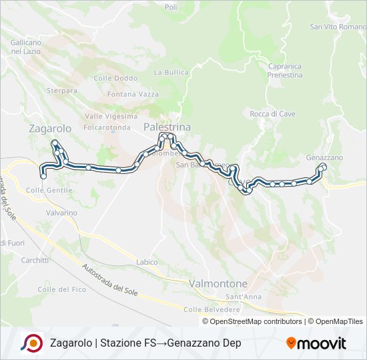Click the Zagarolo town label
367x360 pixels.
50,128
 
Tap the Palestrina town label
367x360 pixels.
167,127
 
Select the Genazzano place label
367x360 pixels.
324,157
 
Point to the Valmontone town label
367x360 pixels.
219,283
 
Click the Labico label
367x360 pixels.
147,262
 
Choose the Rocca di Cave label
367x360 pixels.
272,114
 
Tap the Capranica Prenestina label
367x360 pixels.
285,71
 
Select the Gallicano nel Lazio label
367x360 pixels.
26,47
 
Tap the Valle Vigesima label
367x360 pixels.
107,115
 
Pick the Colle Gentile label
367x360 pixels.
49,190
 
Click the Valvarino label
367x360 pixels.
62,213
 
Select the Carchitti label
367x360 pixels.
35,260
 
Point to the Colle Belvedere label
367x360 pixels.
212,309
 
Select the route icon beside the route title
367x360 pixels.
31,343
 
